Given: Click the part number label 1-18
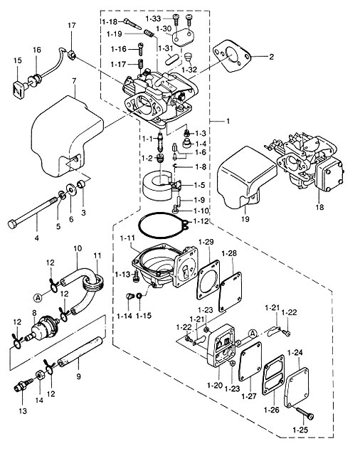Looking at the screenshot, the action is click(x=110, y=21).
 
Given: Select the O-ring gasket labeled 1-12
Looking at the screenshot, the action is click(x=163, y=225).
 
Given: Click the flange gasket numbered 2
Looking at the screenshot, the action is click(x=231, y=56).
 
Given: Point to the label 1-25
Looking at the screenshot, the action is click(x=300, y=430).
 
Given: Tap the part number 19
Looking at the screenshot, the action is click(x=245, y=219).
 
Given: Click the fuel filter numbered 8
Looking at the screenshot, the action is click(x=43, y=327).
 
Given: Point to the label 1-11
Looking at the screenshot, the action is click(x=127, y=238).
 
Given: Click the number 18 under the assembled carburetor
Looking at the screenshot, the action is click(x=319, y=207).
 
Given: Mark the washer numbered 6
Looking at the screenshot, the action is click(x=71, y=189).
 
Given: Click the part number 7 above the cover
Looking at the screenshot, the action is click(x=74, y=81).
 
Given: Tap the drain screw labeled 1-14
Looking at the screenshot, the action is click(x=129, y=296).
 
